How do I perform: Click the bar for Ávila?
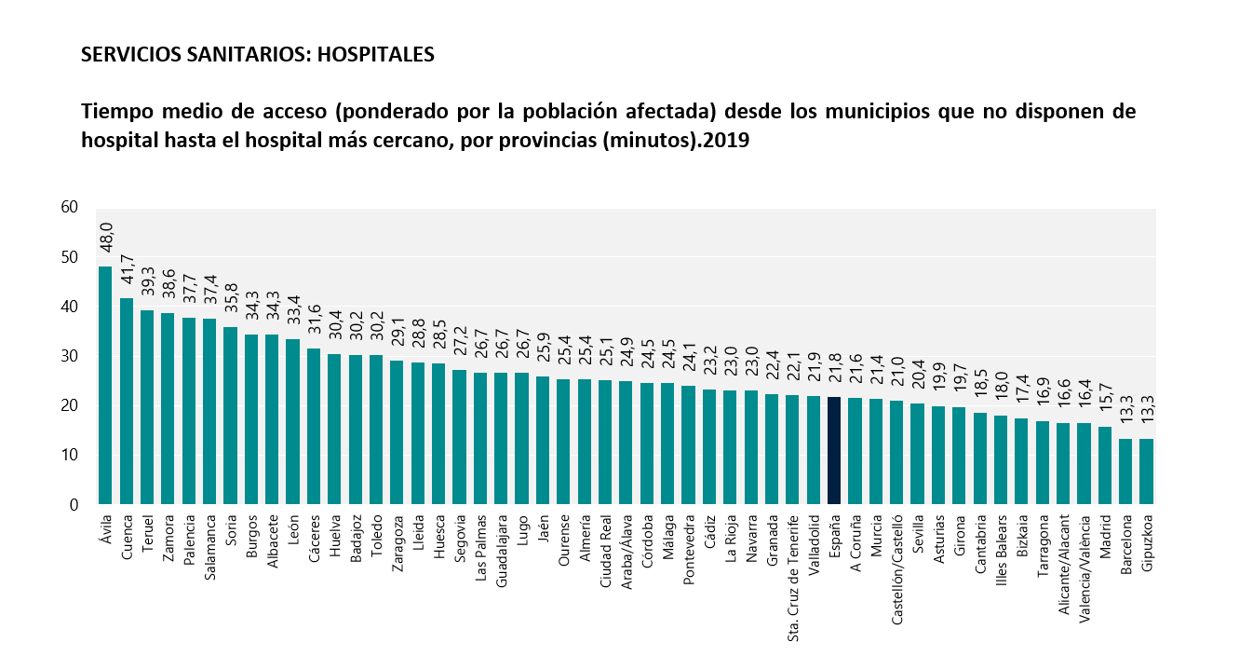(x=105, y=386)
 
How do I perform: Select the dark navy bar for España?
(x=834, y=451)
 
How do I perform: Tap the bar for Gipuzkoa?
(x=1147, y=472)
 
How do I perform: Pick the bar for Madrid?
(x=1105, y=466)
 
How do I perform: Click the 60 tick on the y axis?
(x=69, y=207)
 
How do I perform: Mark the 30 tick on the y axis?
(x=69, y=356)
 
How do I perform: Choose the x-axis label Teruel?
(x=148, y=531)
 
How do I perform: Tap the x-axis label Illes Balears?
(x=1002, y=543)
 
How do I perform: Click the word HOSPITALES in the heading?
(x=376, y=55)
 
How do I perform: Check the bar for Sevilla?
(x=918, y=454)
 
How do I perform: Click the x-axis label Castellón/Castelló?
(x=897, y=556)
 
